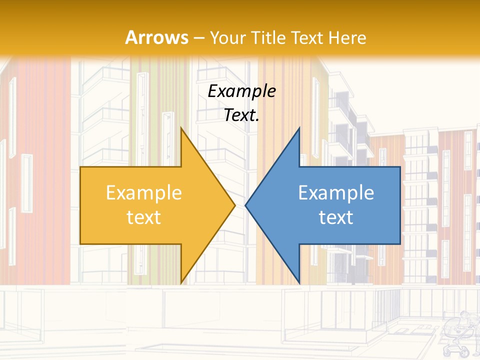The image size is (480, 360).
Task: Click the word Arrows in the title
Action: pos(156,37)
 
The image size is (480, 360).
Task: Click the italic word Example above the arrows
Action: pos(242,91)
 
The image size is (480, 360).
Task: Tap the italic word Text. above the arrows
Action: pos(242,115)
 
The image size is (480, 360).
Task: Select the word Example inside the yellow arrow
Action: pos(144,193)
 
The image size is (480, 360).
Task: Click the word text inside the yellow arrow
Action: pos(144,217)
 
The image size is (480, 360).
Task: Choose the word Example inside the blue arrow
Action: pos(336,193)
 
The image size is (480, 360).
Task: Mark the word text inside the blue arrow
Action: pos(336,217)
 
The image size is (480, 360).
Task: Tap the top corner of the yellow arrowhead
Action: pos(181,128)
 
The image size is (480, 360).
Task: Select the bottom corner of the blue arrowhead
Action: pos(299,283)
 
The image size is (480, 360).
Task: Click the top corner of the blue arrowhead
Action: pos(299,128)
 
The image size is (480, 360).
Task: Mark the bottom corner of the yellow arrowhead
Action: pos(181,283)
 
